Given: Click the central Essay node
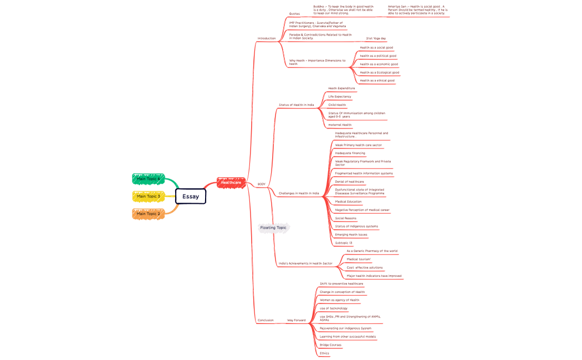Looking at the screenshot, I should click(191, 196).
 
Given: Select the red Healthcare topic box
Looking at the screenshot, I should click(231, 182).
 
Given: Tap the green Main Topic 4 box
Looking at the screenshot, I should click(149, 179).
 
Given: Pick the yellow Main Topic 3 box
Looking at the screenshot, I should click(149, 196).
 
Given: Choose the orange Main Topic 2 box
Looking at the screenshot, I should click(149, 214).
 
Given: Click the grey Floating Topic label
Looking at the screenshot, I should click(273, 228).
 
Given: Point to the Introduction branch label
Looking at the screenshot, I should click(267, 38).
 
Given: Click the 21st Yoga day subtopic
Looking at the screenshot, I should click(376, 39).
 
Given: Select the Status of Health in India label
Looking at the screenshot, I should click(296, 105).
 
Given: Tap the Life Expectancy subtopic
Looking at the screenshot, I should click(339, 96).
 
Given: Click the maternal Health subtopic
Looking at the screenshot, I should click(340, 125).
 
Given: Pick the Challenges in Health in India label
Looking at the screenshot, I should click(299, 193).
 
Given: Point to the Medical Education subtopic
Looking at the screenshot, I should click(348, 202).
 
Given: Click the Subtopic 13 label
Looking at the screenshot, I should click(344, 243).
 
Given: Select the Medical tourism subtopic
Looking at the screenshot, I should click(359, 259).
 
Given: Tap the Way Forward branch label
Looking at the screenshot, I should click(296, 320).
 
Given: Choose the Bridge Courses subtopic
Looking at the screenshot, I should click(330, 345).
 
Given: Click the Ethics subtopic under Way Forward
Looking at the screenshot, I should click(324, 353).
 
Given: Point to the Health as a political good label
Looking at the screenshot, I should click(378, 56).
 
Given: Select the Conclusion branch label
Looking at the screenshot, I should click(266, 320).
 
